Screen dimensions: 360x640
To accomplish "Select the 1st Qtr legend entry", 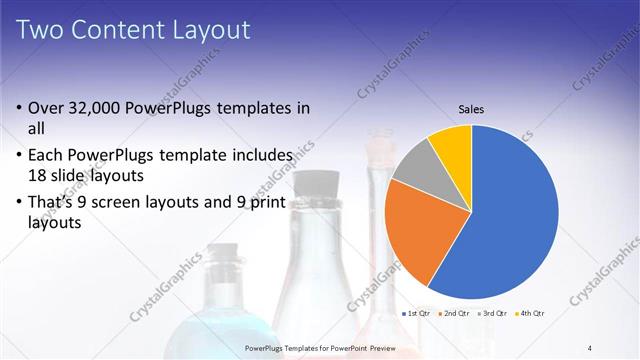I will point(417,314).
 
